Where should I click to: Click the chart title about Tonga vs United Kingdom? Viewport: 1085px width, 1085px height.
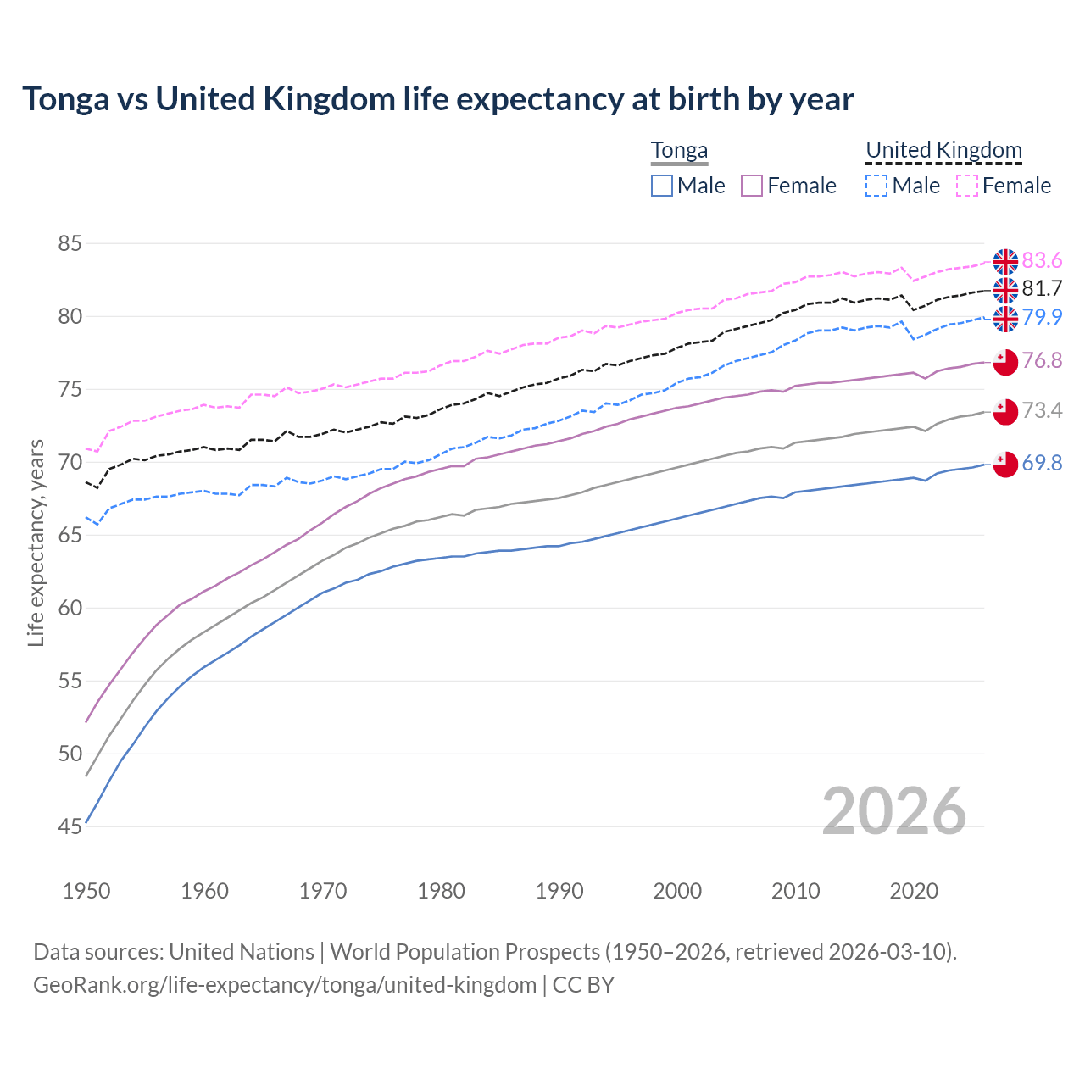[x=437, y=99]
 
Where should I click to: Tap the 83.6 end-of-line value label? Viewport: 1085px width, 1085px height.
[x=1042, y=260]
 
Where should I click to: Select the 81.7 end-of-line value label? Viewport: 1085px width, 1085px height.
[x=1042, y=288]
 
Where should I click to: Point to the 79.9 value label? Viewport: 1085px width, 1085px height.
[x=1042, y=317]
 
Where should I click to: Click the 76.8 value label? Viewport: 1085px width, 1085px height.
[x=1042, y=360]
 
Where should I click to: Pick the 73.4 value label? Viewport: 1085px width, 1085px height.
[x=1042, y=411]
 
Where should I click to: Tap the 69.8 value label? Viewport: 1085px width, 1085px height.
[x=1042, y=463]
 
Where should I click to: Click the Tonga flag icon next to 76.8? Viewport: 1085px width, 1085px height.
[x=1005, y=361]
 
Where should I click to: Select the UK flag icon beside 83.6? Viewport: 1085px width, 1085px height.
[x=1005, y=261]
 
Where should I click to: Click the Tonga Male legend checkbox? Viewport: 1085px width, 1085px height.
[x=662, y=186]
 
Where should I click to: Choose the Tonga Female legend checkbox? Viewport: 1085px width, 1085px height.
[x=752, y=186]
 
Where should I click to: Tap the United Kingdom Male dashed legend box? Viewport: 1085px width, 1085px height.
[x=876, y=186]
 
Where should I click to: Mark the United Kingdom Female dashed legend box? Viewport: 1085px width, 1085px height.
[x=967, y=186]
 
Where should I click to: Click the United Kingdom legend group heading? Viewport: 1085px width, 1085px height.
[x=943, y=151]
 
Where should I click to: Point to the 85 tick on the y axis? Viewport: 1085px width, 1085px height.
[x=70, y=244]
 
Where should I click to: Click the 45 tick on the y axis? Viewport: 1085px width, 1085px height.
[x=70, y=826]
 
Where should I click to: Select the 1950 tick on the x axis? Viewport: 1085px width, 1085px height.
[x=86, y=891]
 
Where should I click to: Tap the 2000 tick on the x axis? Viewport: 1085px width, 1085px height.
[x=677, y=891]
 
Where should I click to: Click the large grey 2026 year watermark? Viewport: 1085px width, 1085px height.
[x=893, y=811]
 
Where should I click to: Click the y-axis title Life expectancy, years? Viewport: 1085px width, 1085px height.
[x=36, y=542]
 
